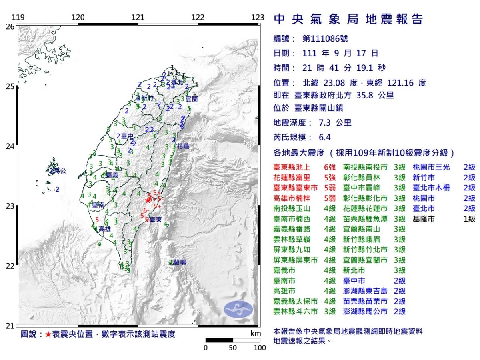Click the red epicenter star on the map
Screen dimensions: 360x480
148,200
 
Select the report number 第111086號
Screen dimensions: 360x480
325,39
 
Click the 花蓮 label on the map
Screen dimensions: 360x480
183,146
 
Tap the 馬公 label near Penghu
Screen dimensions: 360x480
59,170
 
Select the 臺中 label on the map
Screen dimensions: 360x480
127,136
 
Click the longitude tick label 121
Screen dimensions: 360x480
138,18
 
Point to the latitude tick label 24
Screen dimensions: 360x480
10,146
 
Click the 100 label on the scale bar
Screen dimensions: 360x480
260,348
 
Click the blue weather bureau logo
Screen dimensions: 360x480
238,308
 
